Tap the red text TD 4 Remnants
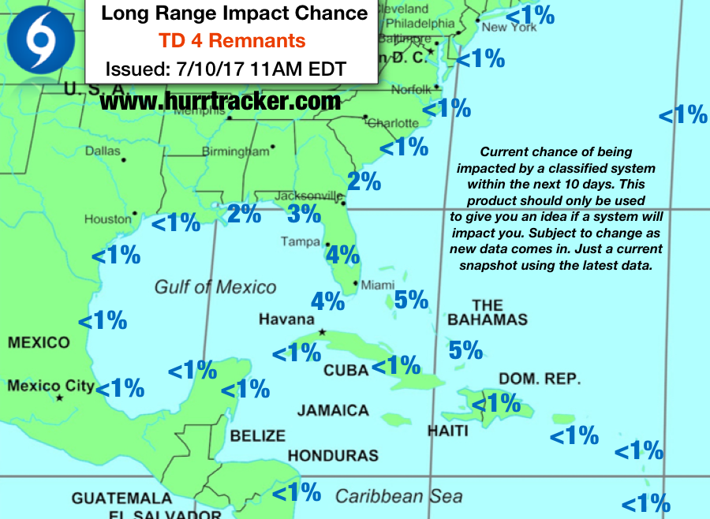tap(232, 39)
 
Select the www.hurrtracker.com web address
tap(220, 101)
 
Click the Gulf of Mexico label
tap(215, 287)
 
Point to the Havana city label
tap(286, 319)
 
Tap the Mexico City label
tap(50, 386)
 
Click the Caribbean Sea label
tap(398, 495)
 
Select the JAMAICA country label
tap(333, 410)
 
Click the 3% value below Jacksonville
tap(304, 213)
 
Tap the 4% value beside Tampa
tap(342, 254)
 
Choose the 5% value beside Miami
tap(411, 300)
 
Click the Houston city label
tap(107, 218)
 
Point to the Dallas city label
tap(103, 151)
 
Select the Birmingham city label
tap(235, 151)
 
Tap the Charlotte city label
tap(394, 123)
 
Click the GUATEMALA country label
tap(121, 498)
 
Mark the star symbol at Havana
tap(322, 333)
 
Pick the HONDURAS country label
tap(333, 455)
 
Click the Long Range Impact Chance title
tap(234, 13)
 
